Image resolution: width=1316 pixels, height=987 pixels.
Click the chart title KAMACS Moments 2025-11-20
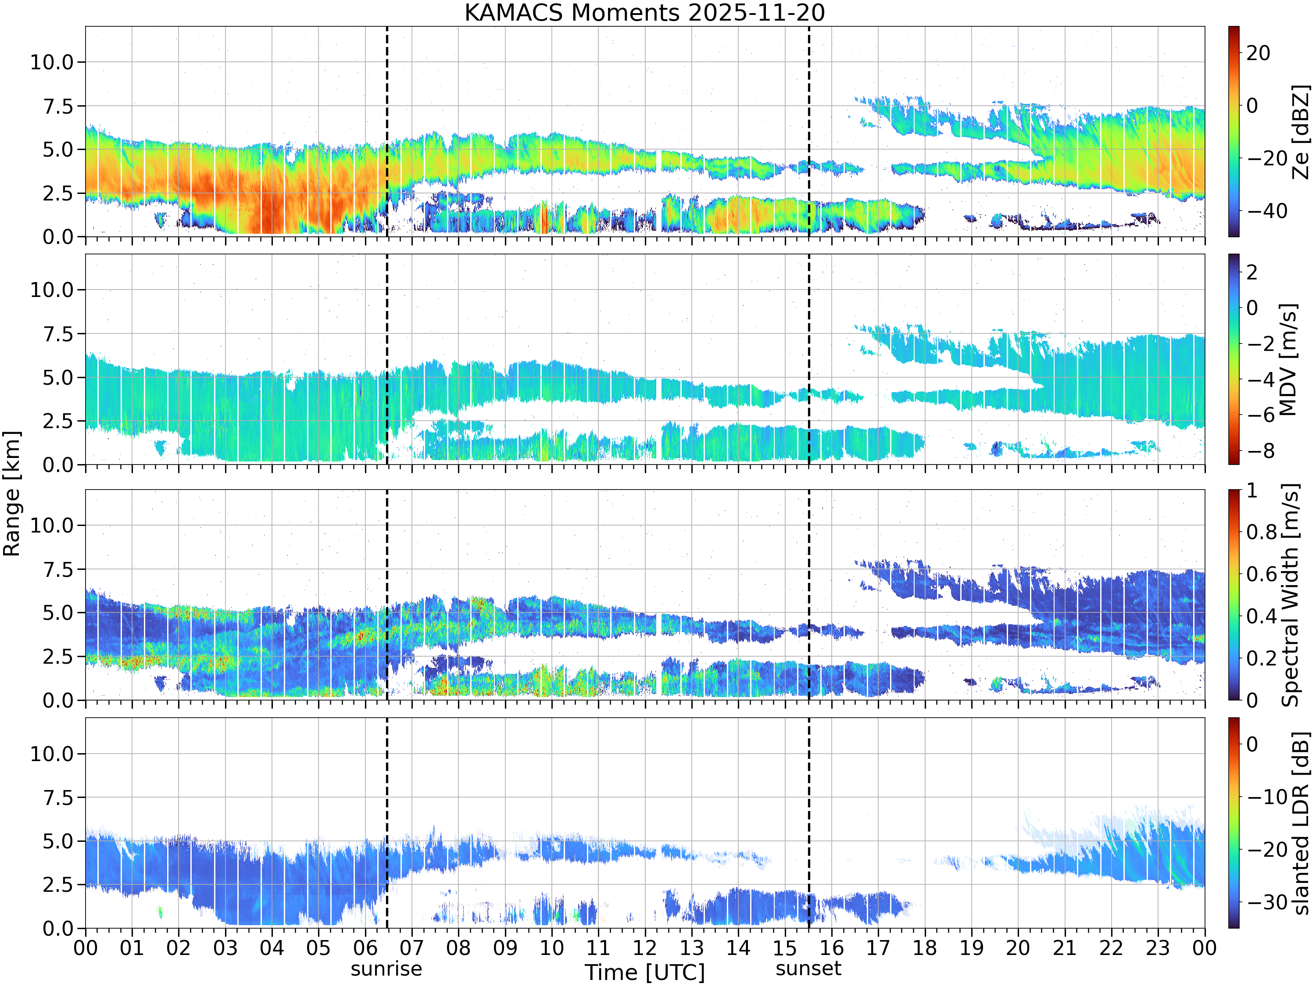coord(644,12)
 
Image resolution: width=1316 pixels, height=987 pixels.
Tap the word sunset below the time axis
coord(808,969)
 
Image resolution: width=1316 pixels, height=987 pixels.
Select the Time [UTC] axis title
coord(644,972)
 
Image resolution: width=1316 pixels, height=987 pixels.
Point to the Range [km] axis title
coord(11,494)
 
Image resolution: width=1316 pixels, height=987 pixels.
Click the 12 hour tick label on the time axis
coord(644,947)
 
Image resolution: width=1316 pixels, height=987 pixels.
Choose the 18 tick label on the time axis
coord(925,947)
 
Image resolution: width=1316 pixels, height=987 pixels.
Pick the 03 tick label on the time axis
coord(225,947)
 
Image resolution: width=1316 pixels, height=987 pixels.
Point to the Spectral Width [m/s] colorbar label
coord(1290,595)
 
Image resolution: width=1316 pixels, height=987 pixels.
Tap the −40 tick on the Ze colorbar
coord(1266,211)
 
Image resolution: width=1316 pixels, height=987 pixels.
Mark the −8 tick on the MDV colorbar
coord(1261,451)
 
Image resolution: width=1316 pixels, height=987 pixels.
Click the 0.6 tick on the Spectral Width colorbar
coord(1262,574)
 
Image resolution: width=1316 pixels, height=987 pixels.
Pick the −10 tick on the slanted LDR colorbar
coord(1266,797)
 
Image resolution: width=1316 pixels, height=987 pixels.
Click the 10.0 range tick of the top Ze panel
coord(52,62)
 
